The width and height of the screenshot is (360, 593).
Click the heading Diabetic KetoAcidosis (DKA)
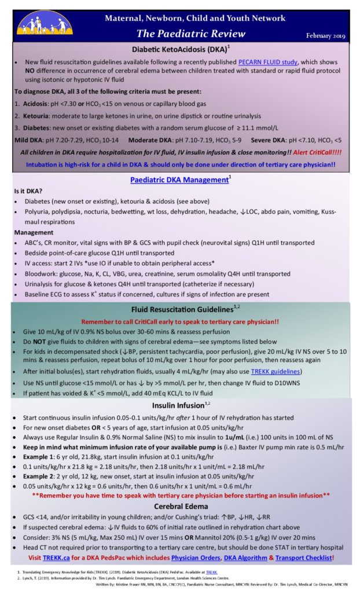[179, 50]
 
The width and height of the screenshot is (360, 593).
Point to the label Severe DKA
[275, 140]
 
